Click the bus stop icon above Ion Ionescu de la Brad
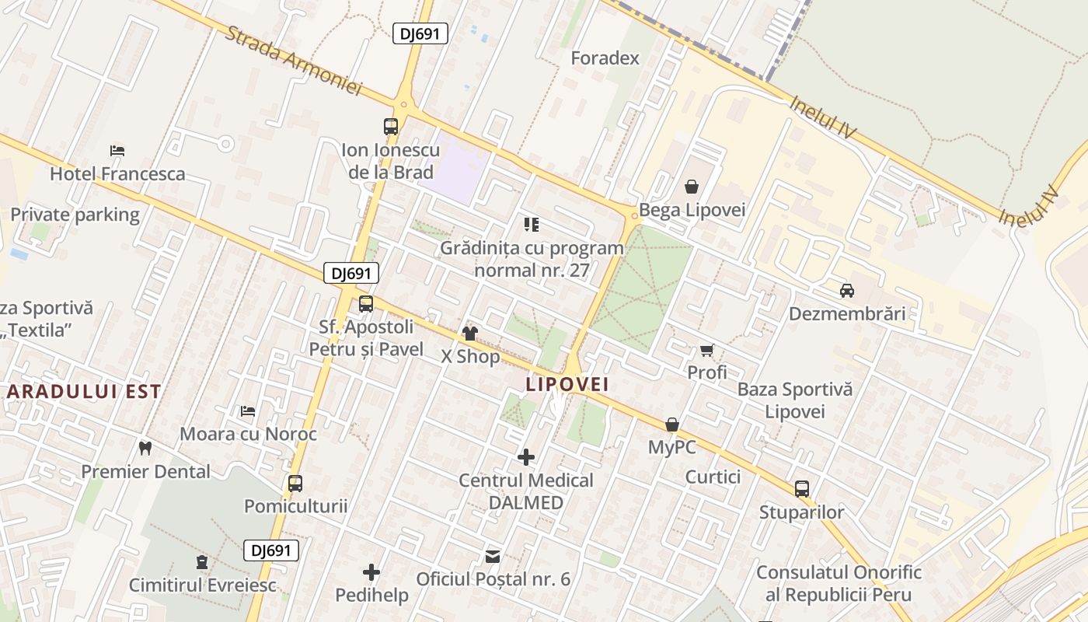[391, 126]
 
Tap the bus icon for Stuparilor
[802, 489]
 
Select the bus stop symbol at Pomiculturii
[295, 484]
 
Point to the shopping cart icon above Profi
[706, 350]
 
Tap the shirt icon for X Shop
[470, 334]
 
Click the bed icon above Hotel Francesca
[117, 151]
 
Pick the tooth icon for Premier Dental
[145, 448]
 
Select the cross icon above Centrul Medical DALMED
[526, 457]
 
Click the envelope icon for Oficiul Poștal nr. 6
[493, 556]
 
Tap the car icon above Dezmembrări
[847, 291]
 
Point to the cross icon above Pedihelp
[371, 573]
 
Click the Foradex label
[605, 58]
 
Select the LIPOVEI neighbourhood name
[567, 384]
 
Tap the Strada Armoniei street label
[295, 61]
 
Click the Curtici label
[713, 477]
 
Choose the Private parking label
[75, 215]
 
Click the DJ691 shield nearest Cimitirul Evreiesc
[271, 550]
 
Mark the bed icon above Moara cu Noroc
[248, 411]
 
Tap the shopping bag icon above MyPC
[672, 425]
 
